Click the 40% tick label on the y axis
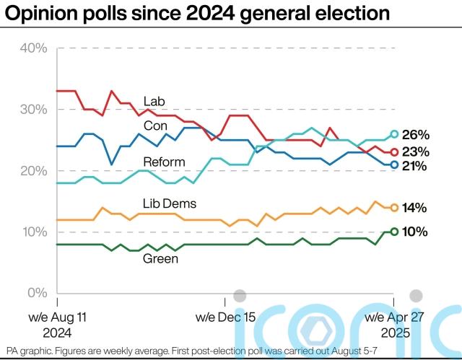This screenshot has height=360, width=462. click(x=32, y=48)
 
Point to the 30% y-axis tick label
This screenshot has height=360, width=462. click(x=32, y=110)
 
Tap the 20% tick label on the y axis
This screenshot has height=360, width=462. click(x=32, y=171)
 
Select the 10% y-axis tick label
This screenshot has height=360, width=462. click(x=32, y=232)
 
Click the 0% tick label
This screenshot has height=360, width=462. click(x=36, y=294)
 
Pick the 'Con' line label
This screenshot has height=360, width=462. click(x=154, y=126)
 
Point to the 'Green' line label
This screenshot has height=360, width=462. click(x=160, y=257)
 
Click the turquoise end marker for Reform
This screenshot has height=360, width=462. click(x=394, y=133)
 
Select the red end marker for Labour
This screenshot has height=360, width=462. click(x=394, y=152)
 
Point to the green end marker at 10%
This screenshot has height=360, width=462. click(x=394, y=232)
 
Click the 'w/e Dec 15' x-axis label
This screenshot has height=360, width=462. click(x=226, y=317)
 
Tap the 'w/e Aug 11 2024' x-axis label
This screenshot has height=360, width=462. click(x=58, y=325)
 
